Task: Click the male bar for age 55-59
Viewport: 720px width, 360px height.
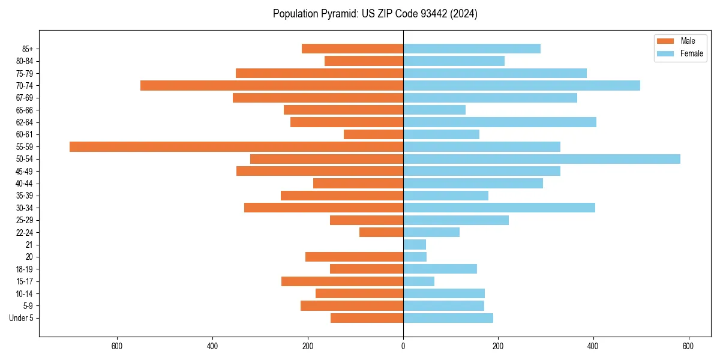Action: tap(236, 146)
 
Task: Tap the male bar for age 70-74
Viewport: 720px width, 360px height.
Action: tap(272, 85)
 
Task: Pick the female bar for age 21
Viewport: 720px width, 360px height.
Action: tap(415, 245)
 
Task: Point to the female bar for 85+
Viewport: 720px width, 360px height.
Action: tap(472, 49)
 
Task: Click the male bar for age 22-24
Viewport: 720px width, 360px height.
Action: tap(381, 232)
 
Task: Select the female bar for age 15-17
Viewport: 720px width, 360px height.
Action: tap(419, 281)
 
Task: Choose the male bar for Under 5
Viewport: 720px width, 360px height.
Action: tap(367, 318)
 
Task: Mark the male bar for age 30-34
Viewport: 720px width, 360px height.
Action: tap(323, 208)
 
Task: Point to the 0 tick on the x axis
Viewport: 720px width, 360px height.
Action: tap(403, 346)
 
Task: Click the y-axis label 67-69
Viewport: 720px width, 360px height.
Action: tap(25, 98)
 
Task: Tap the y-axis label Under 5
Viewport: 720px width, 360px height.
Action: tap(21, 318)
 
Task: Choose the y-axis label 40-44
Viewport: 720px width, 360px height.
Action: tap(25, 184)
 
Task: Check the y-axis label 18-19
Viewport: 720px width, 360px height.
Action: tap(25, 269)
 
